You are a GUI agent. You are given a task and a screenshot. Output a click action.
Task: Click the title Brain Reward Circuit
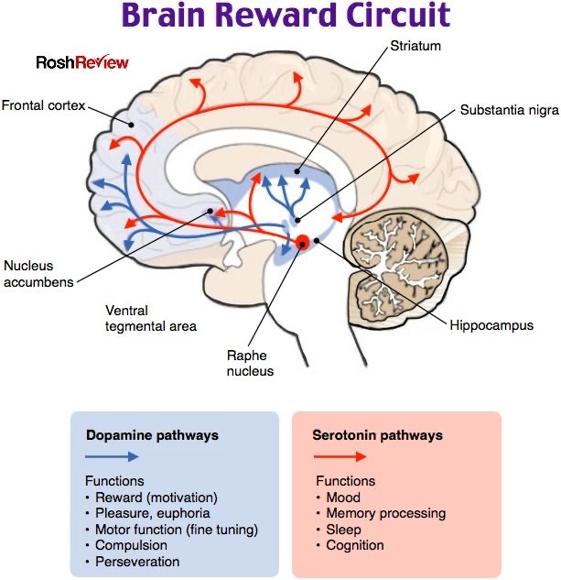[286, 16]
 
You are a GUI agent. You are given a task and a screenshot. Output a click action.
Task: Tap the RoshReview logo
[82, 63]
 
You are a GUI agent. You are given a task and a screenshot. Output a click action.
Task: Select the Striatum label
[415, 45]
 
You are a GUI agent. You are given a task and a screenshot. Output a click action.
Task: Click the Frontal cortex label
[43, 106]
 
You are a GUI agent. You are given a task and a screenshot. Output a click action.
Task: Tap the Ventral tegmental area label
[150, 318]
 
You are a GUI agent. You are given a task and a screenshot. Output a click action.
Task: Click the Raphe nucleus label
[251, 363]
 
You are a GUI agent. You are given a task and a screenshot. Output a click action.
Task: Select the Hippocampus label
[491, 324]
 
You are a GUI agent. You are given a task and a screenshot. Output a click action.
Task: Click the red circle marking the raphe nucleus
[301, 242]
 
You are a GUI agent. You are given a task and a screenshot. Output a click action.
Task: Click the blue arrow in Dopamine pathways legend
[113, 455]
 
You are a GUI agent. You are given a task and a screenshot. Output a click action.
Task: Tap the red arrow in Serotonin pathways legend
[340, 455]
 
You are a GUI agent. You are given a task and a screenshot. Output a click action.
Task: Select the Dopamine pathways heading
[152, 435]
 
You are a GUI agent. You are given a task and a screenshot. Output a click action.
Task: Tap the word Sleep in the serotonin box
[343, 530]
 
